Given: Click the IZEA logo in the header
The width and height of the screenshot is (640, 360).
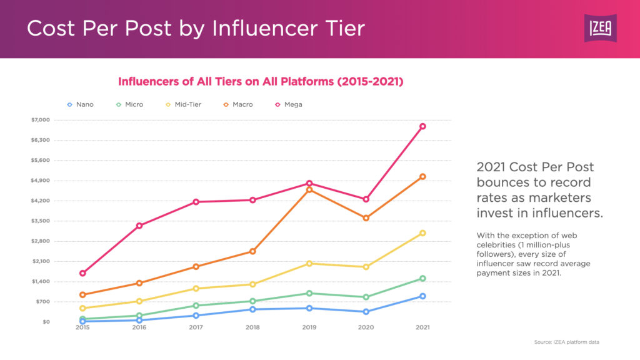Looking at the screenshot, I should [x=600, y=28].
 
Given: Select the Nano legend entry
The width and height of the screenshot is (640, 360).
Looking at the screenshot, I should [x=81, y=104].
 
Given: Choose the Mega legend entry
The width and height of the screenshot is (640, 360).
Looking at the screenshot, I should [x=288, y=104].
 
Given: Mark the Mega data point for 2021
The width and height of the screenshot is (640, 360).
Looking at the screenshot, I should [x=422, y=126].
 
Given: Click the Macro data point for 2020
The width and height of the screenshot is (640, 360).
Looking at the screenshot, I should [x=366, y=218].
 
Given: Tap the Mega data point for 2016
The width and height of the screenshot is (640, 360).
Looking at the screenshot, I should [x=139, y=226].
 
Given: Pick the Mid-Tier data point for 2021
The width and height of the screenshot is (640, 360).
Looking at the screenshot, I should [x=422, y=233].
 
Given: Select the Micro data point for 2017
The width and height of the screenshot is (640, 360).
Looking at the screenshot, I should [x=196, y=306].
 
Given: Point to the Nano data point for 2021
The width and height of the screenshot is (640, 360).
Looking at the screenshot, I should [x=422, y=296].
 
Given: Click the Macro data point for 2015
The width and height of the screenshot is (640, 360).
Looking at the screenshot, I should [x=82, y=295].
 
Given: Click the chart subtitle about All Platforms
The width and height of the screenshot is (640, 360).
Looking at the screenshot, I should [x=261, y=81].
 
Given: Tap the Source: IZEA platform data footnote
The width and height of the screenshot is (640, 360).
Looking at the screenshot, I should [x=567, y=342].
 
